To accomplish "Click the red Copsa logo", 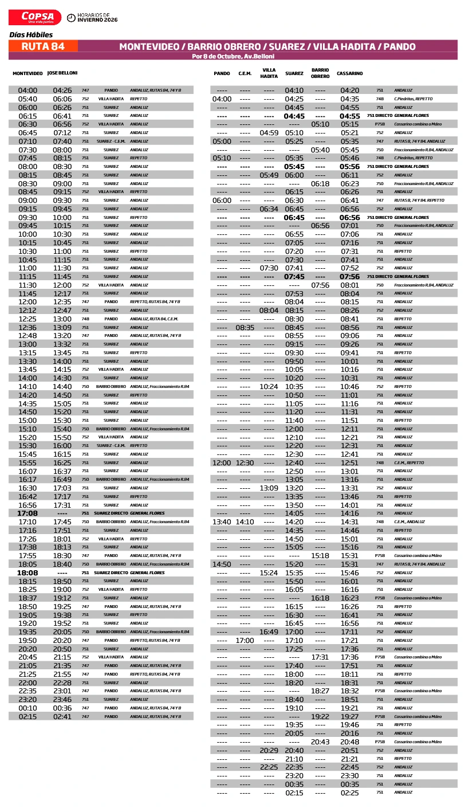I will pos(35,18).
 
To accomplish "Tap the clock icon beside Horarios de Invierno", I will pos(71,18).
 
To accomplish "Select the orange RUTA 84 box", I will pos(43,46).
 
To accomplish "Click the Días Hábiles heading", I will pos(31,34).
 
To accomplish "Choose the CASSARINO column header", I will pos(349,73).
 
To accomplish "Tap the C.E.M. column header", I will pos(245,73).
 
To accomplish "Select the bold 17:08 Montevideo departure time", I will pos(27,513).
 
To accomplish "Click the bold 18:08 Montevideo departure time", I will pos(27,572).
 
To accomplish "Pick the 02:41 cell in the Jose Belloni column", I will pos(62,716).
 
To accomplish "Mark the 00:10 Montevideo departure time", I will pos(27,708).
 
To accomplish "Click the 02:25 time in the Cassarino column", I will pos(349,793).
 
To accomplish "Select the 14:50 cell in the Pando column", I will pos(222,564).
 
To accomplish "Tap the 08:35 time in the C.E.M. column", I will pos(245,327).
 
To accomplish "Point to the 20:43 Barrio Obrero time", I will pos(320,742).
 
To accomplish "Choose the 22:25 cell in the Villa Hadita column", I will pos(269,767).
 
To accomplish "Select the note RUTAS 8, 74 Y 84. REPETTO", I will pos(419,201).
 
